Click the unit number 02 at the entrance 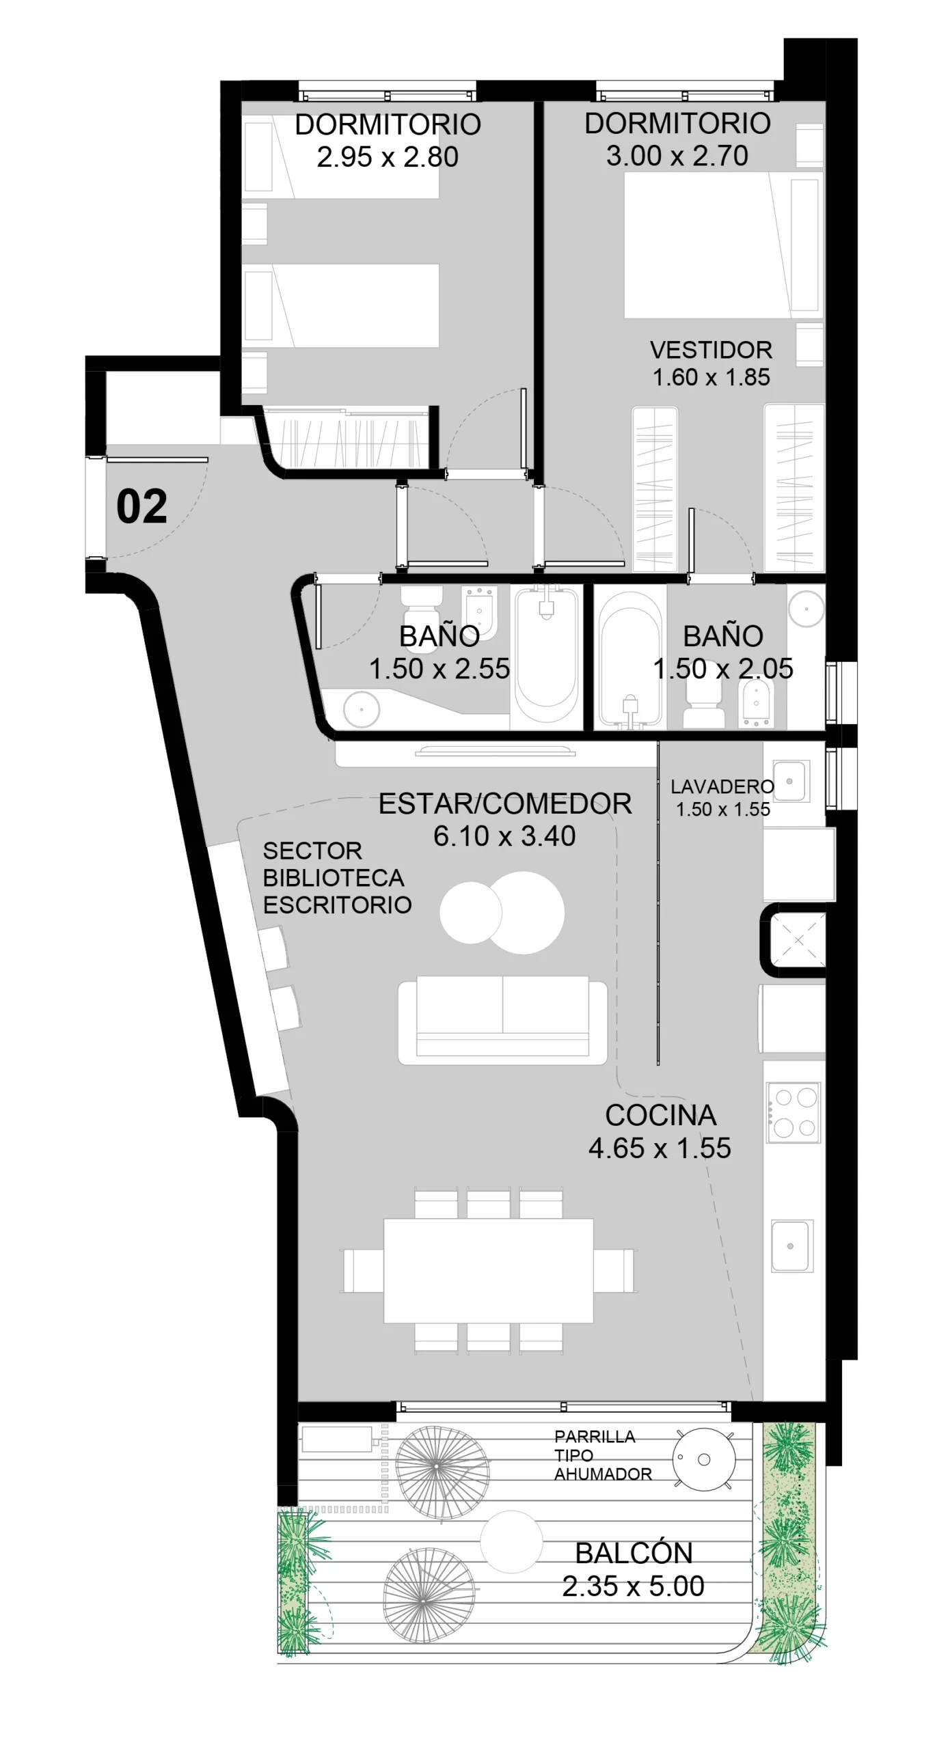point(141,507)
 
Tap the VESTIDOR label point(711,350)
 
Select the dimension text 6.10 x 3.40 point(504,836)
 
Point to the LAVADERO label point(722,786)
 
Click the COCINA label point(661,1116)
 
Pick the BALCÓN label point(634,1553)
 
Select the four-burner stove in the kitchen point(793,1112)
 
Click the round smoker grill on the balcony point(704,1459)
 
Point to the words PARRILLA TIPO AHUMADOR point(603,1455)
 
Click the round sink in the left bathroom point(361,709)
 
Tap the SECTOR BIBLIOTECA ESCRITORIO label point(337,878)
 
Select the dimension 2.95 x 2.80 point(388,157)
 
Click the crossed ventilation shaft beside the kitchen point(798,940)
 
